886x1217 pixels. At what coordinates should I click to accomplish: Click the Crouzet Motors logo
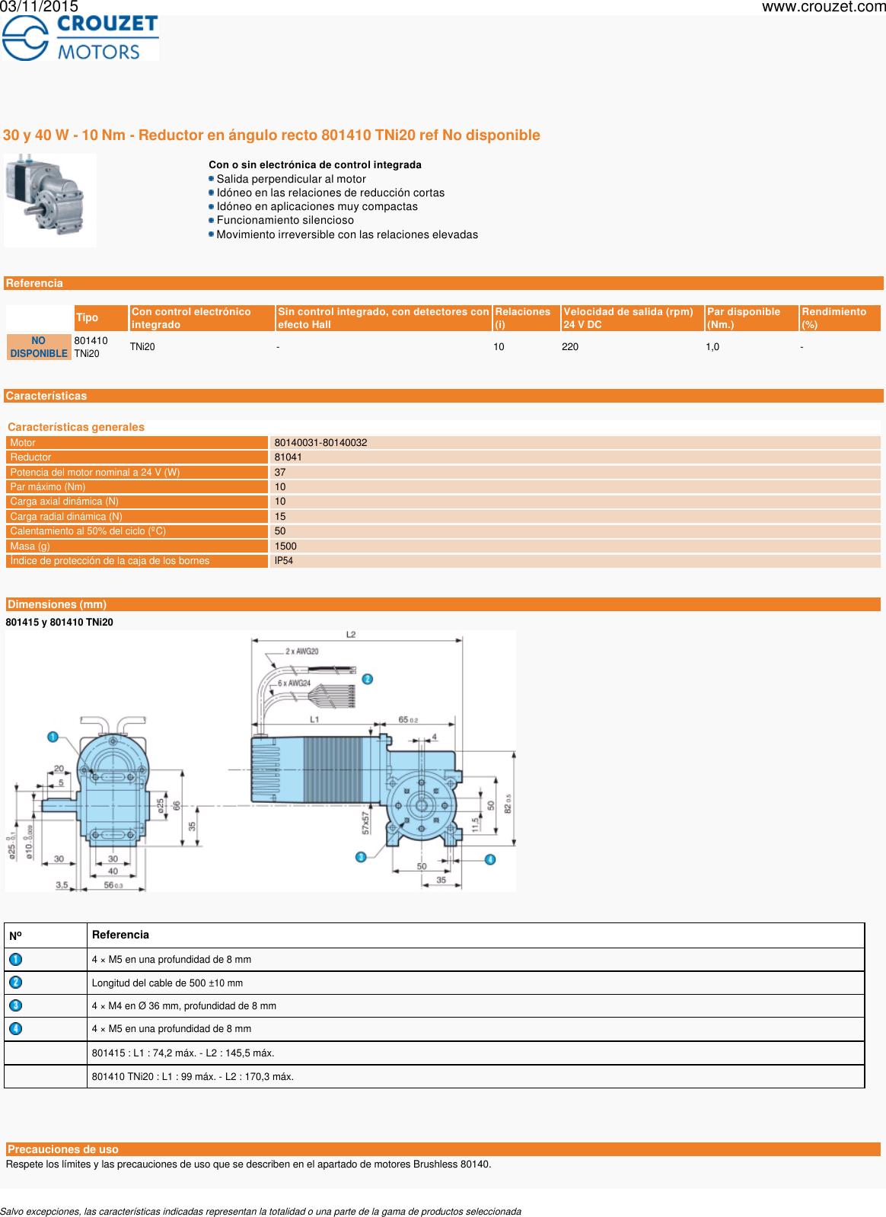(x=80, y=37)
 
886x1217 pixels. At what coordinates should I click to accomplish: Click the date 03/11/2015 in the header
(x=39, y=7)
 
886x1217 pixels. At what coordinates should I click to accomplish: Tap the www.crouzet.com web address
(x=823, y=7)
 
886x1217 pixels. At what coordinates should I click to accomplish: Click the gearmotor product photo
(x=50, y=200)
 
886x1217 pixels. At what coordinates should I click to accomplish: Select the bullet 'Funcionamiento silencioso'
(x=285, y=220)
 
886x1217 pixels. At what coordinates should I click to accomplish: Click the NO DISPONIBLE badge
(x=39, y=347)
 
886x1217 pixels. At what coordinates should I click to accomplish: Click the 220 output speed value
(x=570, y=347)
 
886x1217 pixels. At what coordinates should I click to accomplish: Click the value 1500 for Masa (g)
(x=285, y=546)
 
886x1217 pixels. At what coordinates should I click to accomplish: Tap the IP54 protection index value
(x=284, y=561)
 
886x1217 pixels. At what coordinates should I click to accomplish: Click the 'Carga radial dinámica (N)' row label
(x=66, y=517)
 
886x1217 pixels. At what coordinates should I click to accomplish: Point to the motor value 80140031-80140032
(x=320, y=443)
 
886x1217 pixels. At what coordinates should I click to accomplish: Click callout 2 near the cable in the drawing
(x=368, y=679)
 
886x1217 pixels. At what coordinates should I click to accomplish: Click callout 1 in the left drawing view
(x=53, y=737)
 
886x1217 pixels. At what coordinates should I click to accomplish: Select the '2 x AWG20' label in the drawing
(x=302, y=652)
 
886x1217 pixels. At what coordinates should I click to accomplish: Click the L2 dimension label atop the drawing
(x=351, y=635)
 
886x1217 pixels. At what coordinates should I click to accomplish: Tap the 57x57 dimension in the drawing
(x=365, y=823)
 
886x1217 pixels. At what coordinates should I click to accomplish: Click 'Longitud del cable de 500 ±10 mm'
(x=167, y=983)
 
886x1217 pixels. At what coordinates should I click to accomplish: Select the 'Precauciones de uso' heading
(x=63, y=1149)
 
